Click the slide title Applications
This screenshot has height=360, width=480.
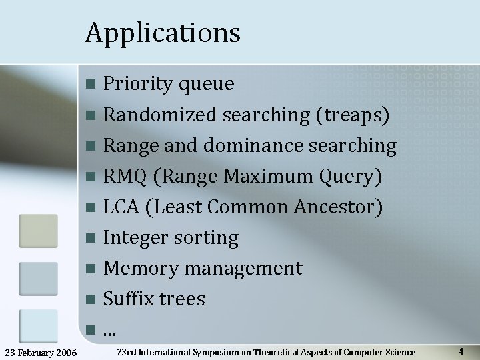(163, 33)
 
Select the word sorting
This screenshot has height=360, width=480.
(207, 238)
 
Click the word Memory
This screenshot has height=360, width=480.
(141, 269)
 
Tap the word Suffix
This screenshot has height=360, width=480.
(129, 299)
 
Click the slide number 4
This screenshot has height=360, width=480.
(461, 351)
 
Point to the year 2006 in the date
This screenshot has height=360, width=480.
(65, 352)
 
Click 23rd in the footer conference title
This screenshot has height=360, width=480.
(126, 352)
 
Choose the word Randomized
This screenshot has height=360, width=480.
(160, 115)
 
